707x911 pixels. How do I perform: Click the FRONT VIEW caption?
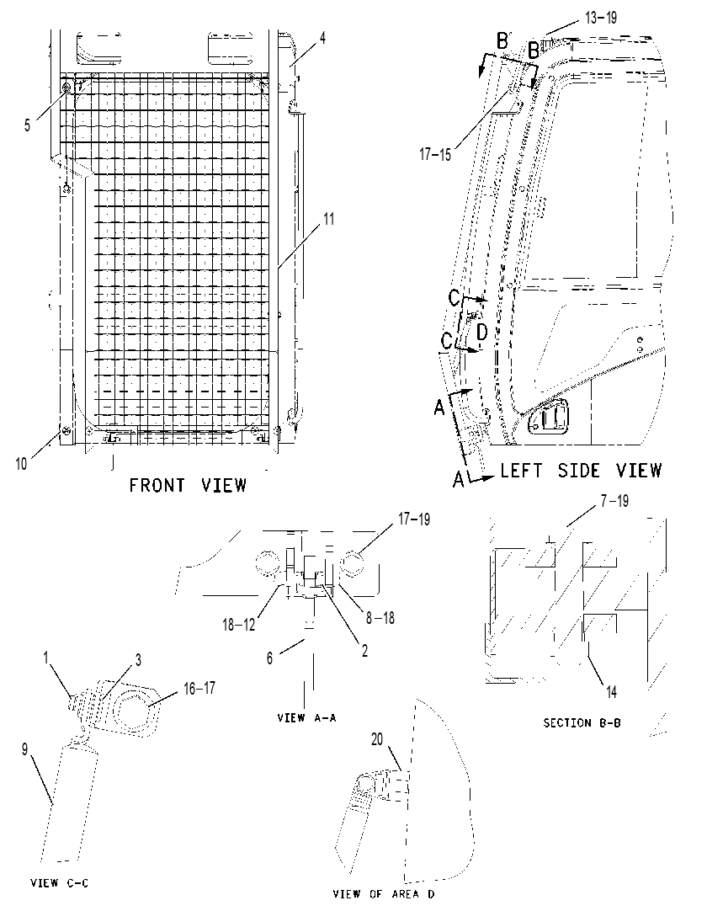point(188,485)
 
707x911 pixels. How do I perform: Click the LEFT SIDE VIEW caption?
point(581,470)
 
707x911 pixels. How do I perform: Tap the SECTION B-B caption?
point(582,722)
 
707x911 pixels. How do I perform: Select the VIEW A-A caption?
point(306,717)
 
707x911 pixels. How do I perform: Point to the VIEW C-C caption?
point(59,883)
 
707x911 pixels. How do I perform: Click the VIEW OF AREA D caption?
point(384,893)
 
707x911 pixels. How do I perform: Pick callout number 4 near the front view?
point(322,39)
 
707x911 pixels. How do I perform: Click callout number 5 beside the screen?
point(27,125)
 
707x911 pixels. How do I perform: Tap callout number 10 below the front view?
point(21,464)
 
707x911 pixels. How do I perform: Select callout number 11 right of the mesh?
point(329,219)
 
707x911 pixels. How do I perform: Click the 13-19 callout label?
point(601,18)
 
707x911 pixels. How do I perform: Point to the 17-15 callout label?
point(435,155)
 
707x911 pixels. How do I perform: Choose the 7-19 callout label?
point(614,500)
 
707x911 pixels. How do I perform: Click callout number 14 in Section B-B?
point(611,691)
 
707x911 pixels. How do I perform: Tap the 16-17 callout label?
point(199,688)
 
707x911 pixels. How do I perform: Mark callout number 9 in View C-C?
point(24,749)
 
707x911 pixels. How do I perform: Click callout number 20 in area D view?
point(377,739)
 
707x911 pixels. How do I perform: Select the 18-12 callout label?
point(239,625)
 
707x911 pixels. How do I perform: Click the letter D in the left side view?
point(481,333)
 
